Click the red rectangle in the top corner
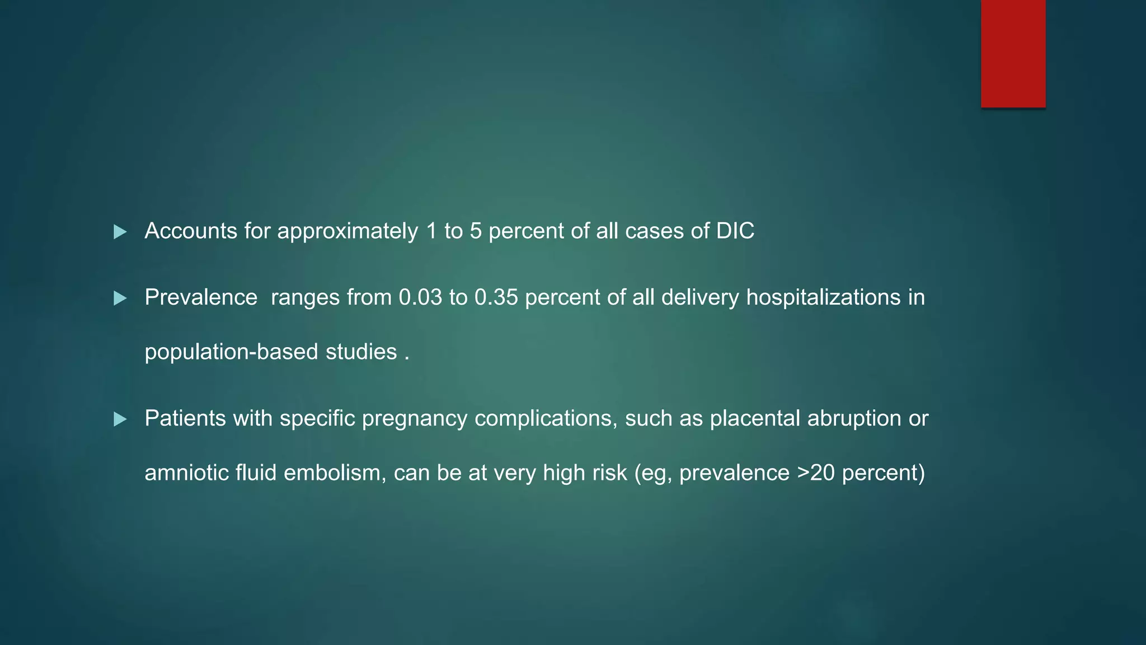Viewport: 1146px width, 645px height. (x=1013, y=54)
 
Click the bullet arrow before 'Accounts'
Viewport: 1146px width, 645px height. (x=120, y=232)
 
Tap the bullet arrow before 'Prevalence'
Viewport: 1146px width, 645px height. (x=120, y=298)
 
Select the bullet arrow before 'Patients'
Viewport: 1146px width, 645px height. (x=120, y=419)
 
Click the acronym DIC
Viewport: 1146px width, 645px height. (x=735, y=231)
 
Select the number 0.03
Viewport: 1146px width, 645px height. (x=420, y=297)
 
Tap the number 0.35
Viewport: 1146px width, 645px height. (x=496, y=297)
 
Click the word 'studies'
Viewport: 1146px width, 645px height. (x=361, y=352)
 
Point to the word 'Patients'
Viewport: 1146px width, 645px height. (x=185, y=418)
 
